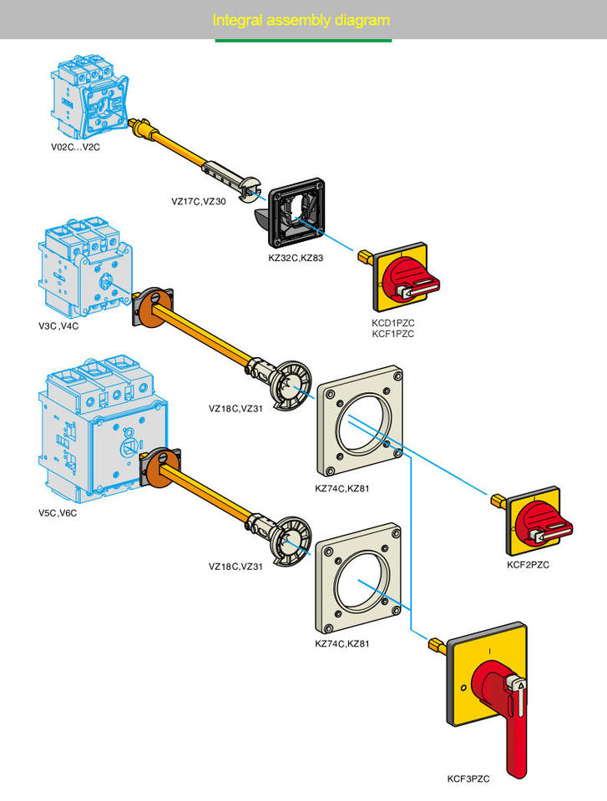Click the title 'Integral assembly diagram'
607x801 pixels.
[301, 20]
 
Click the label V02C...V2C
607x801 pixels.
[76, 147]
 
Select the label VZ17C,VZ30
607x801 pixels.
[199, 201]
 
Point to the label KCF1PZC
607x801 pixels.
[393, 334]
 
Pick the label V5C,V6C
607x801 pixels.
[57, 512]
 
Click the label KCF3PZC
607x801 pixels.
[468, 779]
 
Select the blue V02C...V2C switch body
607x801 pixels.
[90, 94]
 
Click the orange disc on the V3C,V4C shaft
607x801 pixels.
[150, 308]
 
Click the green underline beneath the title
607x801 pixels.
[303, 40]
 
